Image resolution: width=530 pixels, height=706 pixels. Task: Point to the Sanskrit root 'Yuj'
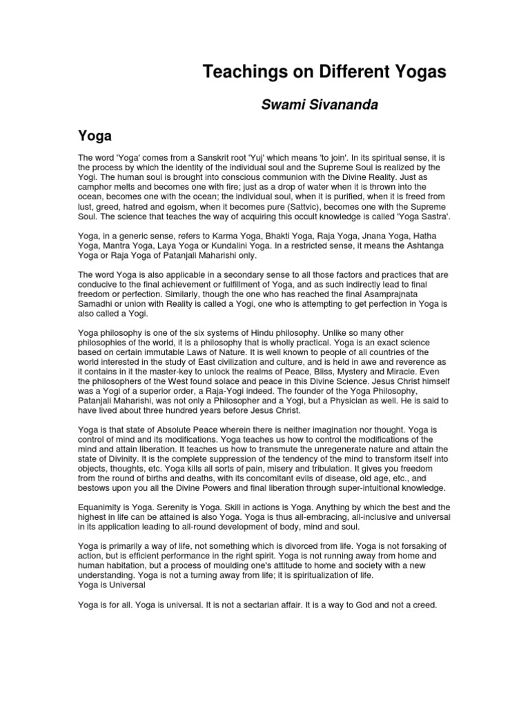coord(265,159)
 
